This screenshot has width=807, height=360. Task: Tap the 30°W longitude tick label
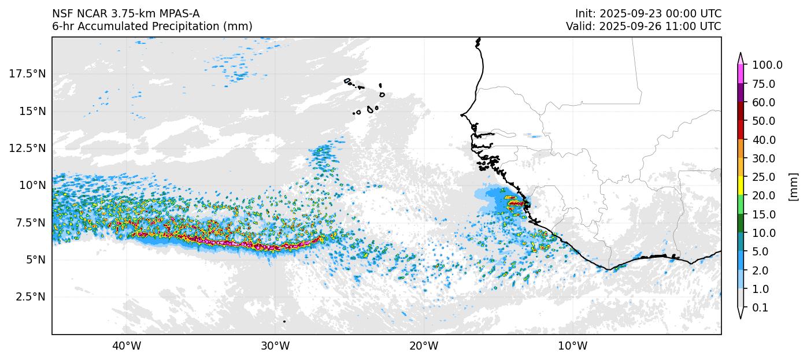click(x=275, y=346)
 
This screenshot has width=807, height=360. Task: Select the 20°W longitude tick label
click(x=424, y=346)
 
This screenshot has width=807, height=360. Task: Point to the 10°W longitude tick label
click(x=573, y=346)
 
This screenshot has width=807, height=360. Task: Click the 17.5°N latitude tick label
click(x=28, y=74)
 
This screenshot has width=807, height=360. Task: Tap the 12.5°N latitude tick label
click(x=28, y=148)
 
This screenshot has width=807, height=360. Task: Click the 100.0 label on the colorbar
click(x=767, y=65)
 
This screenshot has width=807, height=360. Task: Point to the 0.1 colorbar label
click(x=760, y=308)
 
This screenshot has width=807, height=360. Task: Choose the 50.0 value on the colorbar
click(x=764, y=121)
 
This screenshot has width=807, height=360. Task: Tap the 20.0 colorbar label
click(x=764, y=196)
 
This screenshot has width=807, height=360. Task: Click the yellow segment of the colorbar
click(x=740, y=186)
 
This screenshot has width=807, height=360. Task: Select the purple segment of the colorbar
click(x=740, y=93)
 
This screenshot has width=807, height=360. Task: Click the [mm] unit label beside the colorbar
click(x=793, y=187)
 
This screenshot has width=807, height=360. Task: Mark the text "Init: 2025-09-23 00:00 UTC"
click(x=648, y=14)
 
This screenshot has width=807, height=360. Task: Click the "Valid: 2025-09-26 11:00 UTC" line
click(x=643, y=27)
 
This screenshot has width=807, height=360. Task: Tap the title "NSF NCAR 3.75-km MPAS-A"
click(x=126, y=14)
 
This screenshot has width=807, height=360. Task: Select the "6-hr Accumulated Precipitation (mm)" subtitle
click(x=152, y=27)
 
